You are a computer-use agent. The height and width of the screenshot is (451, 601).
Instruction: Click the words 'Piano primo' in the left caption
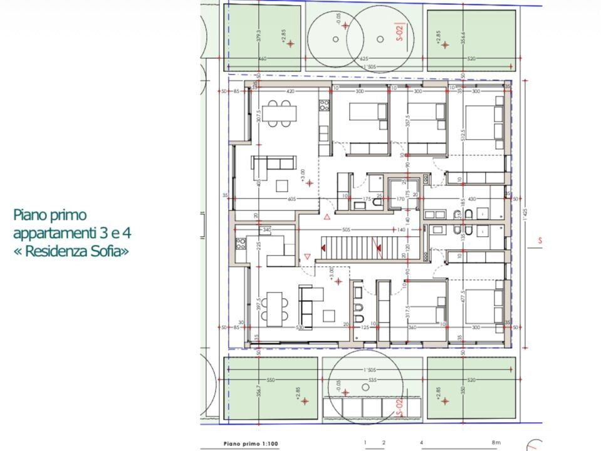(50, 215)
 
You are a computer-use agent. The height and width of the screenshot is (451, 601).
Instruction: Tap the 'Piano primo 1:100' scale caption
(251, 443)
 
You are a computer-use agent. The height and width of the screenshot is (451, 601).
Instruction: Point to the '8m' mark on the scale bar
(496, 443)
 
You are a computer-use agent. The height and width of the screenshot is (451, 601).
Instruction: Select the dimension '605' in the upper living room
(291, 199)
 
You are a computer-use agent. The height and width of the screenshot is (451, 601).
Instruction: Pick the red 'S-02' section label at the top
(400, 32)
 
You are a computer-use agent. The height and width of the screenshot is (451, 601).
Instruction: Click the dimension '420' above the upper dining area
(290, 91)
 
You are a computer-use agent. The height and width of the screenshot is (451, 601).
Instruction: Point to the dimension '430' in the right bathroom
(471, 199)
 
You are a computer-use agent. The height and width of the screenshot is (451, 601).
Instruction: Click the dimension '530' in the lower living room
(300, 327)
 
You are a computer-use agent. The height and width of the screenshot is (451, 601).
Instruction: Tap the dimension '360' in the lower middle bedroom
(412, 327)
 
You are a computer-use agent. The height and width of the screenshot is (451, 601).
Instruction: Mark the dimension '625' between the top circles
(365, 59)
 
